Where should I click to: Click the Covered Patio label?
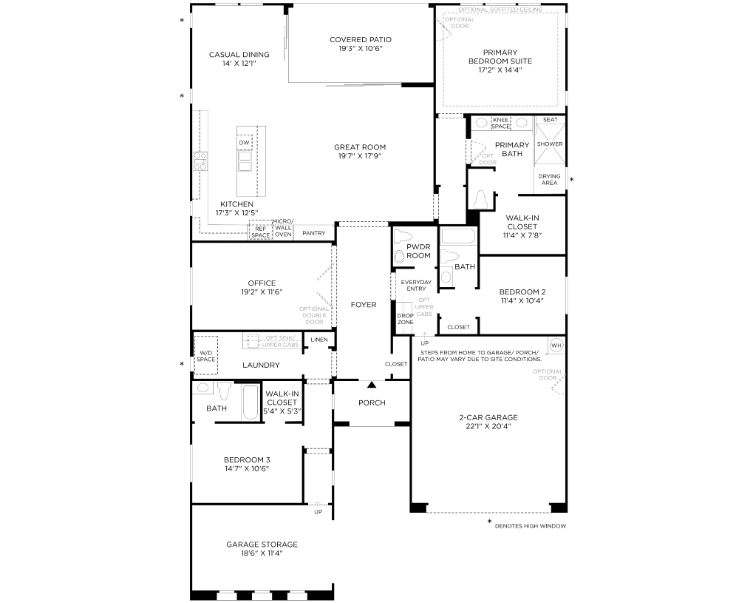click(x=360, y=40)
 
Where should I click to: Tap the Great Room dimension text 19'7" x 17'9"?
click(x=360, y=156)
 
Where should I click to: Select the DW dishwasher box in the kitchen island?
click(x=245, y=143)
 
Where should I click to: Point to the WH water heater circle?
click(x=556, y=346)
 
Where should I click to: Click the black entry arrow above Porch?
click(x=372, y=385)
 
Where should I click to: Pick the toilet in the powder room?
click(x=403, y=237)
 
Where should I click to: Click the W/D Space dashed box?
click(x=206, y=355)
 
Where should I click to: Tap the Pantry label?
click(x=313, y=233)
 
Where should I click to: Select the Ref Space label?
click(x=261, y=232)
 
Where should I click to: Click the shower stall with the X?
click(x=550, y=144)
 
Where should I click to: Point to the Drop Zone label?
click(x=405, y=319)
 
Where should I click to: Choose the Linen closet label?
click(x=319, y=340)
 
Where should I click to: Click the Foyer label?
click(x=364, y=304)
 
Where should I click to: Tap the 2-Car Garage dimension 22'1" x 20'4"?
click(x=488, y=426)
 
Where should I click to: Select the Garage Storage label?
click(x=262, y=545)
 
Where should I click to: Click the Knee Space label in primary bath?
click(x=500, y=123)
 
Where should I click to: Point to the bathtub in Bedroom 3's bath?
click(x=251, y=402)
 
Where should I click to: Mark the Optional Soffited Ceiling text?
click(x=500, y=10)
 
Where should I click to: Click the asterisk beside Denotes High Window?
click(x=489, y=522)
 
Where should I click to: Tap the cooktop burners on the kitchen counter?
click(x=200, y=161)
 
